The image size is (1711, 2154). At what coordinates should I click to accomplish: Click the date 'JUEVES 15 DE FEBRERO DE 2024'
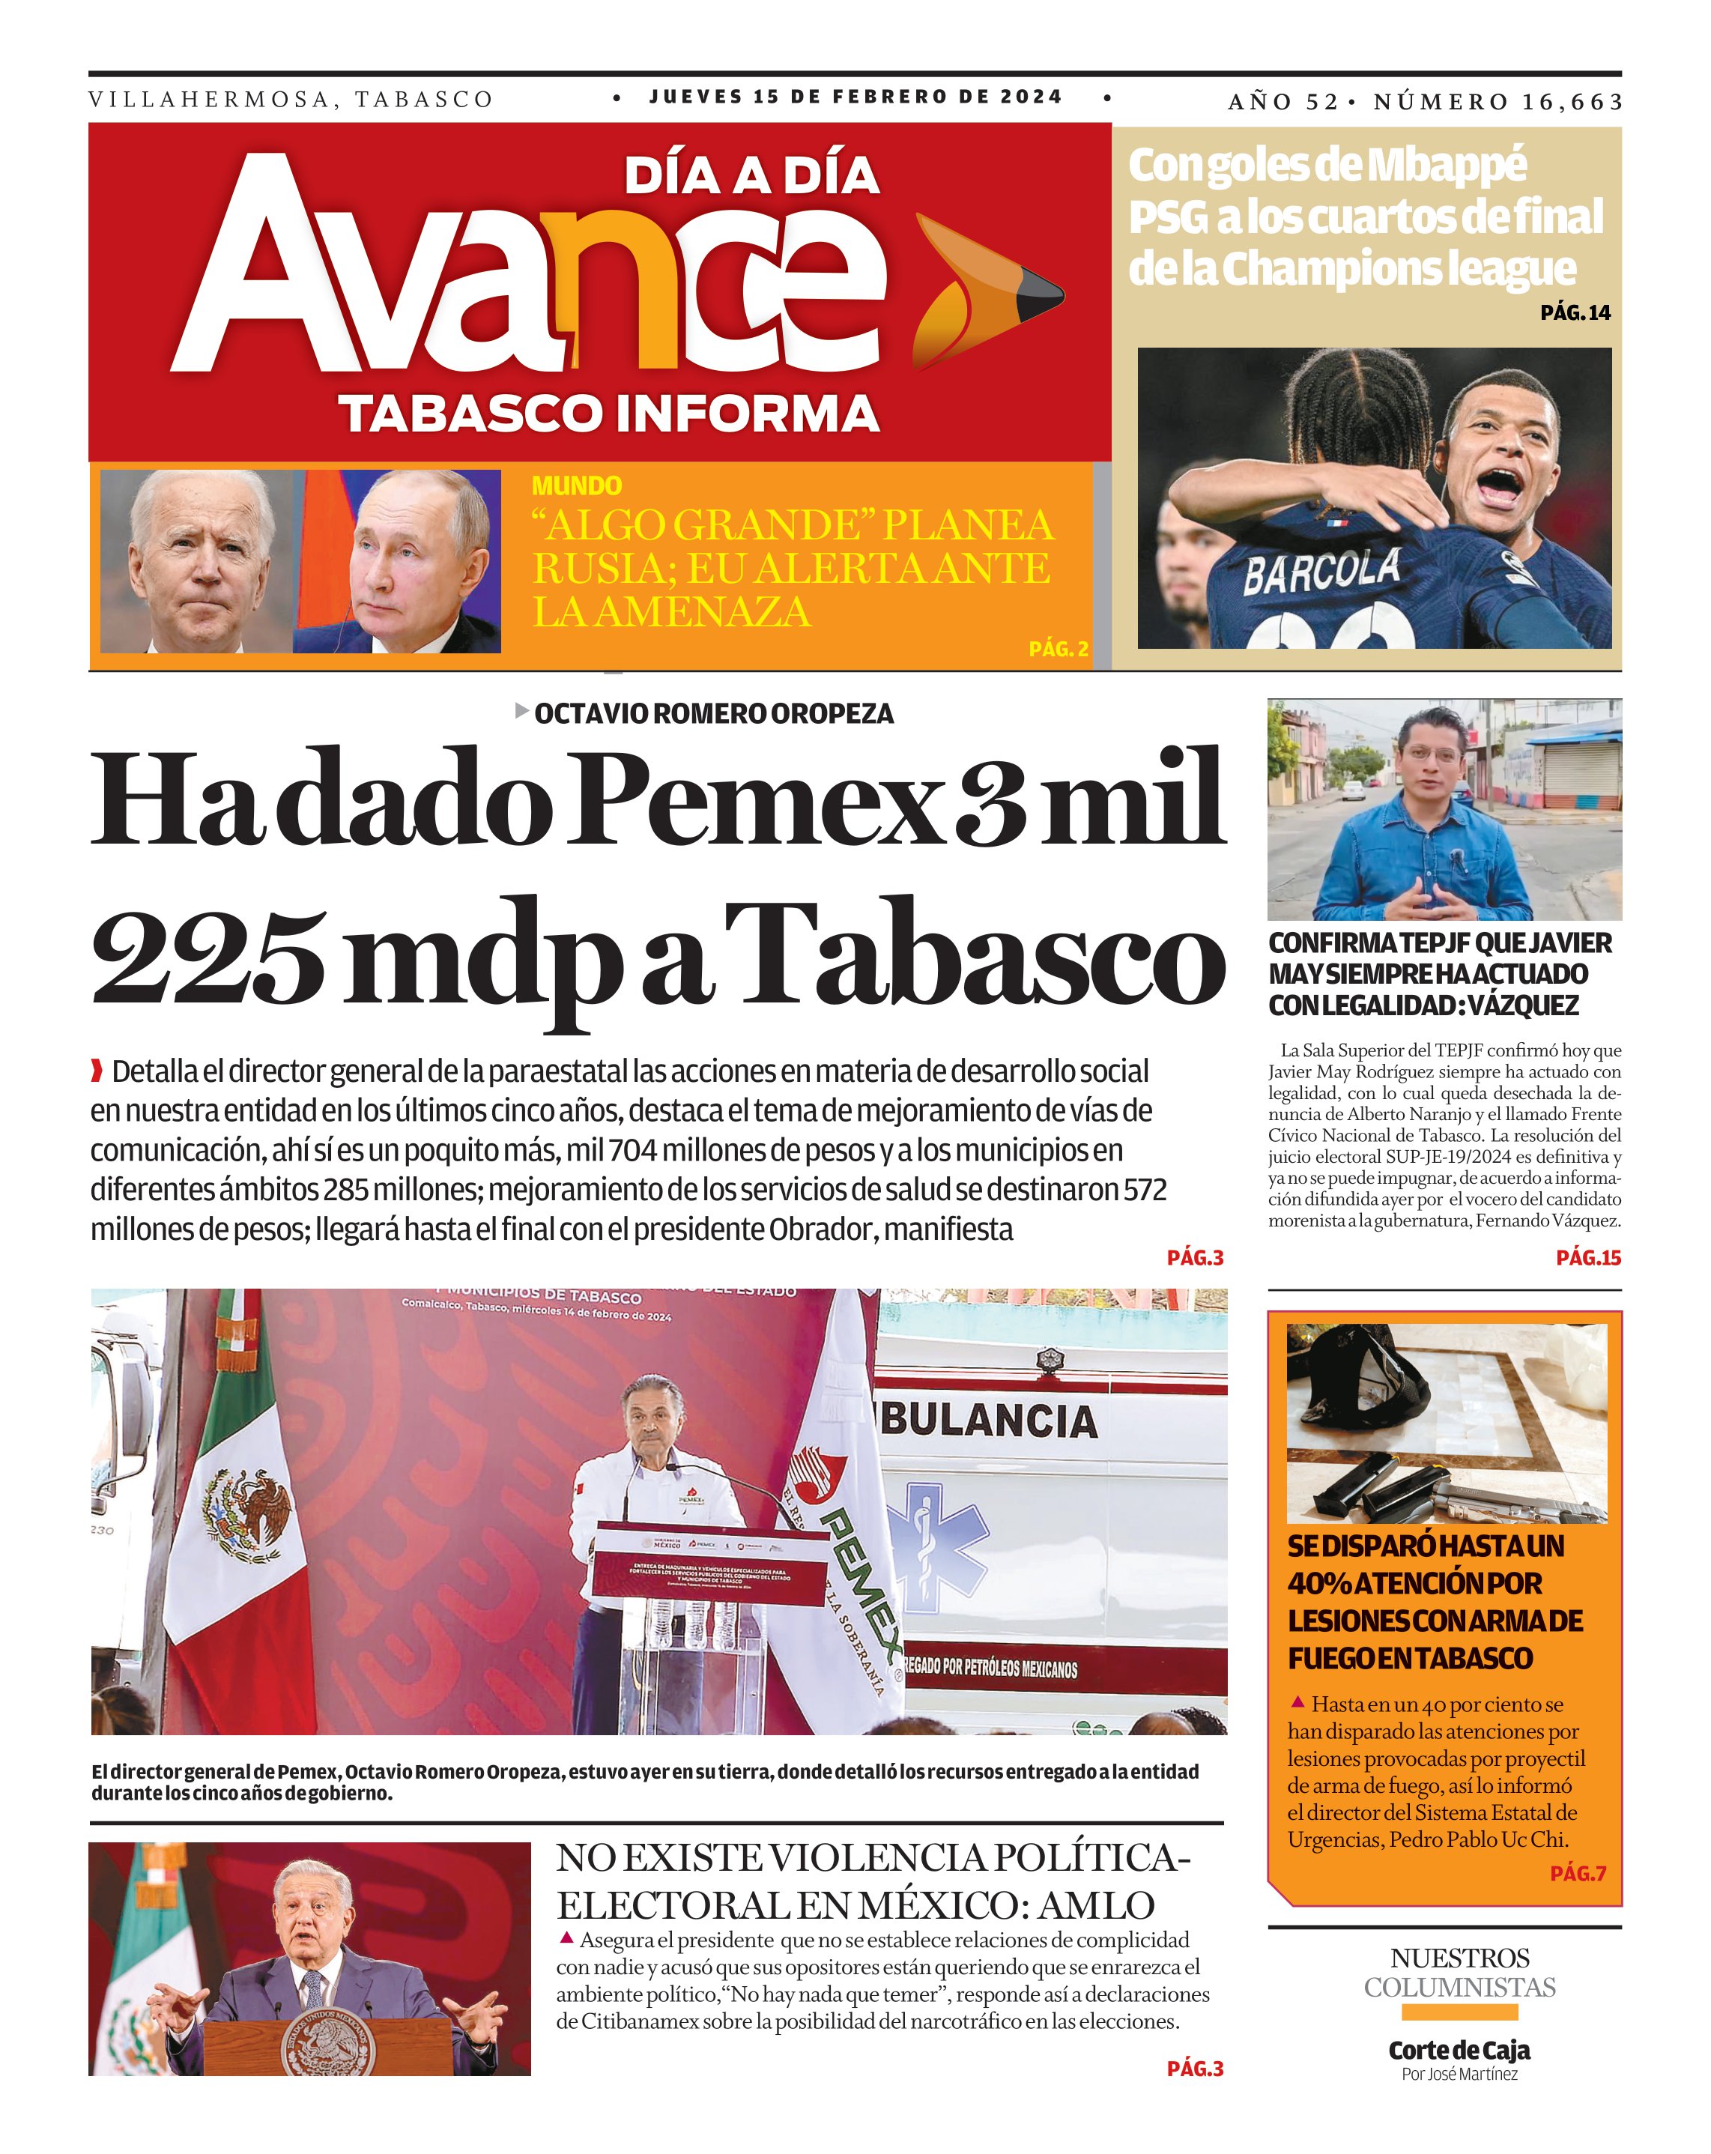855,97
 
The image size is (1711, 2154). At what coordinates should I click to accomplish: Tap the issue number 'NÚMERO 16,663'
1497,102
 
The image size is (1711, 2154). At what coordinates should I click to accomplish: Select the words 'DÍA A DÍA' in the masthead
751,177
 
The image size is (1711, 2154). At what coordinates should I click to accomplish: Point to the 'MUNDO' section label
576,485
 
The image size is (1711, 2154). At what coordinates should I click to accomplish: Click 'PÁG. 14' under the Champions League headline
1574,312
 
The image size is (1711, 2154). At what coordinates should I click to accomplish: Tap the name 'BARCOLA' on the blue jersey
1321,572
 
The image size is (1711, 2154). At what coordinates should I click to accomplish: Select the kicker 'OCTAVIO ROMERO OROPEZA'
713,713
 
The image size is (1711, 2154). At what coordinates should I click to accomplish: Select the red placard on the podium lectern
709,1570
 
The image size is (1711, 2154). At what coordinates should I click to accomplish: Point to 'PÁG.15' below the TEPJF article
1587,1258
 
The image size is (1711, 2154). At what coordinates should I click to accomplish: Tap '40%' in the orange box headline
1318,1584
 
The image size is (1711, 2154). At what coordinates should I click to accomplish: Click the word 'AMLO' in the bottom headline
1097,1906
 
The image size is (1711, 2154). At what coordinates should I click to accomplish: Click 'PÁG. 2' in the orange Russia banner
1058,650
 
